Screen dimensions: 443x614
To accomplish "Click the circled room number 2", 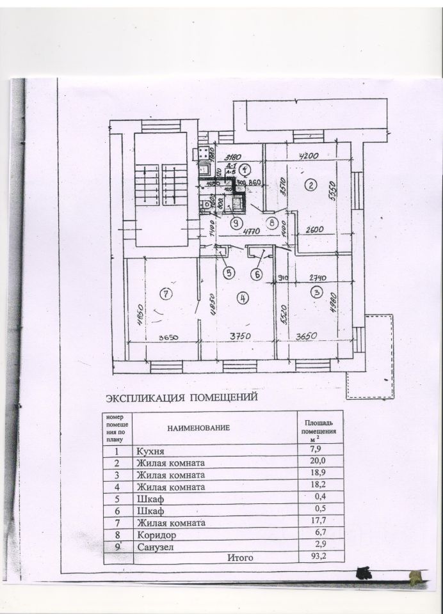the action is click(x=310, y=185).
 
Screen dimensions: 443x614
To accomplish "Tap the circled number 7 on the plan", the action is click(x=165, y=294).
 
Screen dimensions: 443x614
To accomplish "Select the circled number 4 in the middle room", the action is click(x=242, y=297).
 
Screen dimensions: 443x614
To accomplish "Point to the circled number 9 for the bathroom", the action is click(x=236, y=223).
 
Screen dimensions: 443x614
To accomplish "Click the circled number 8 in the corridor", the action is click(x=273, y=223).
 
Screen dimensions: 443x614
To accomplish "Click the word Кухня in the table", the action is click(x=148, y=451).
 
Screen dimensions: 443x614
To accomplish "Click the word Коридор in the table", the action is click(x=153, y=534).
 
